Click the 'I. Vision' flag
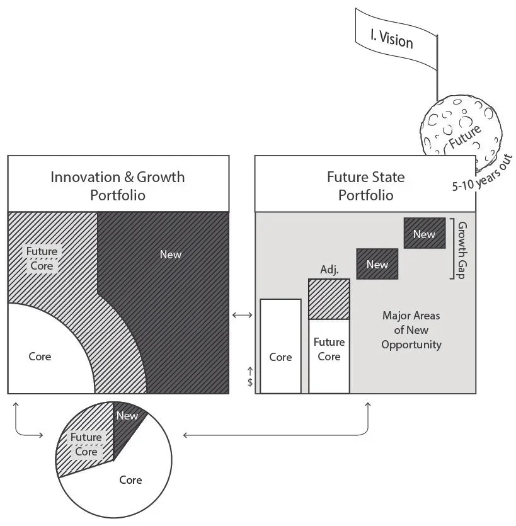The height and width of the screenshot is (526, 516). pyautogui.click(x=391, y=38)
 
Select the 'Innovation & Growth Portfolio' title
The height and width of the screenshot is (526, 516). pyautogui.click(x=118, y=185)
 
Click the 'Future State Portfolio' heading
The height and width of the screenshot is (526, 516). pyautogui.click(x=365, y=185)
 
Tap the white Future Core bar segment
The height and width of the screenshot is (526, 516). pyautogui.click(x=329, y=356)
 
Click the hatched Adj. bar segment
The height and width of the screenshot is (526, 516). pyautogui.click(x=329, y=299)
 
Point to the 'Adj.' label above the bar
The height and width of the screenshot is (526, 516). pyautogui.click(x=329, y=270)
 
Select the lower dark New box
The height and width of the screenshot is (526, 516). pyautogui.click(x=377, y=265)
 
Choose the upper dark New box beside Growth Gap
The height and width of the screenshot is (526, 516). pyautogui.click(x=424, y=234)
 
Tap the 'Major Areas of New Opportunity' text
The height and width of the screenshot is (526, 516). pyautogui.click(x=412, y=329)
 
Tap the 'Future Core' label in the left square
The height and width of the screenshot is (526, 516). pyautogui.click(x=42, y=258)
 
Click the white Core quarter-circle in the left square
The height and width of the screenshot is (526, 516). pyautogui.click(x=41, y=356)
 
